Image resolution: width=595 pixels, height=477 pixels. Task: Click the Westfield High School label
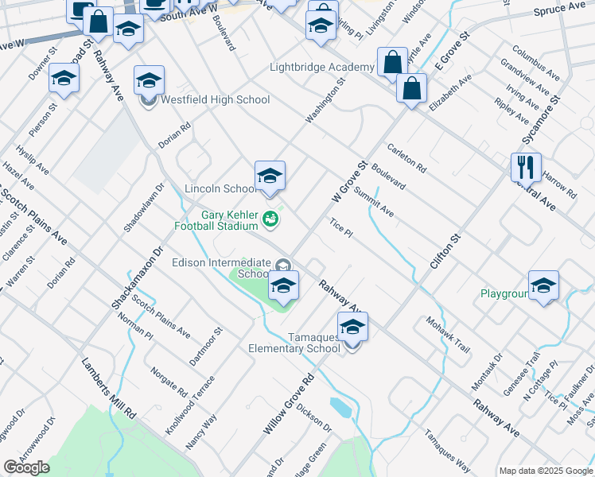(216, 100)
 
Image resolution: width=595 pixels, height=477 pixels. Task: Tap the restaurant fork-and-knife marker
(526, 168)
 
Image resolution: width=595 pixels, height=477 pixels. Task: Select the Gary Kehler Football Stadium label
(220, 220)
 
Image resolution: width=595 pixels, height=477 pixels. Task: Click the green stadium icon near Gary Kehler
(271, 219)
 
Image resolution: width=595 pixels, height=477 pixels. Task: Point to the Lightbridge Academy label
(321, 68)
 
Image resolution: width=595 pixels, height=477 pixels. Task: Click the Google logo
(26, 467)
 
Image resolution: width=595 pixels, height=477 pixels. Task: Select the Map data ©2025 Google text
(545, 471)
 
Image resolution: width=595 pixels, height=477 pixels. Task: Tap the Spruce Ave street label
(559, 10)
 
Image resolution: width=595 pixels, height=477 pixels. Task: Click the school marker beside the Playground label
(543, 286)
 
